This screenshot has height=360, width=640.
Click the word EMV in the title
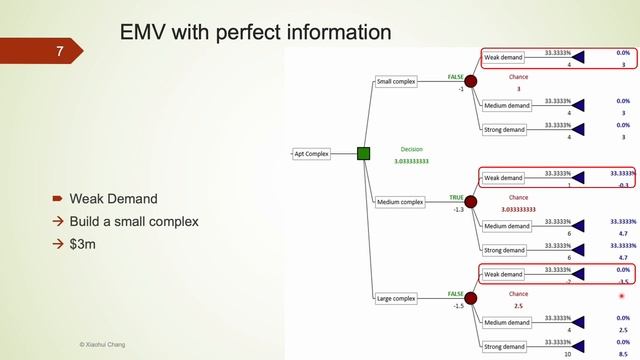click(x=142, y=34)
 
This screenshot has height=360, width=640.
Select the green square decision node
click(x=364, y=153)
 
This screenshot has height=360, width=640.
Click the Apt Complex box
click(x=311, y=153)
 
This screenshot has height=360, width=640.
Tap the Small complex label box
click(x=397, y=81)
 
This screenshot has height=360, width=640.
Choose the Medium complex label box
click(x=399, y=202)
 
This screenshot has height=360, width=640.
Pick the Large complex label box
click(x=397, y=298)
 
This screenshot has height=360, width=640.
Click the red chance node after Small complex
click(x=471, y=81)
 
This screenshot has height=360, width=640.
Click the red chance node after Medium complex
click(x=471, y=202)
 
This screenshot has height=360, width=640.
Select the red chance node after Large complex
click(x=471, y=298)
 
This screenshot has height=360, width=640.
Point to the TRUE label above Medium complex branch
click(x=456, y=197)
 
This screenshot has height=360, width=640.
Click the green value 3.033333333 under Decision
click(x=411, y=161)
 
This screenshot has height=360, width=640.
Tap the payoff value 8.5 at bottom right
click(x=623, y=353)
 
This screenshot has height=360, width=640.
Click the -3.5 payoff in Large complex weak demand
click(x=622, y=282)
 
